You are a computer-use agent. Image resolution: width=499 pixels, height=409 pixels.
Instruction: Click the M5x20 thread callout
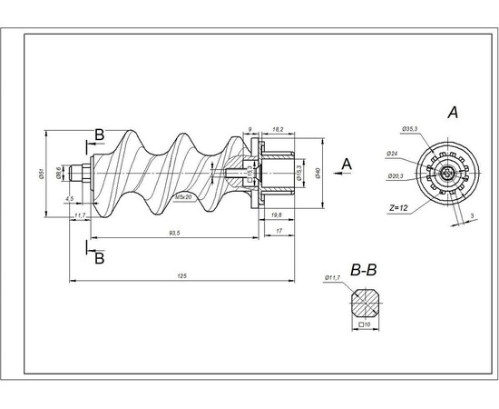(x=183, y=197)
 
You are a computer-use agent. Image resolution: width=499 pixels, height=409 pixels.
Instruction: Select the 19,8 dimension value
(x=276, y=214)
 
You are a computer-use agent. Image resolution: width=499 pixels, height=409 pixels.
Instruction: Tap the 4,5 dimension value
(x=69, y=197)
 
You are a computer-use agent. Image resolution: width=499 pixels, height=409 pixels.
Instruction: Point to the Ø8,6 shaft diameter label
(x=59, y=172)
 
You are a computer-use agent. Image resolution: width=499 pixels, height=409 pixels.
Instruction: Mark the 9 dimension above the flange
(x=249, y=130)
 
